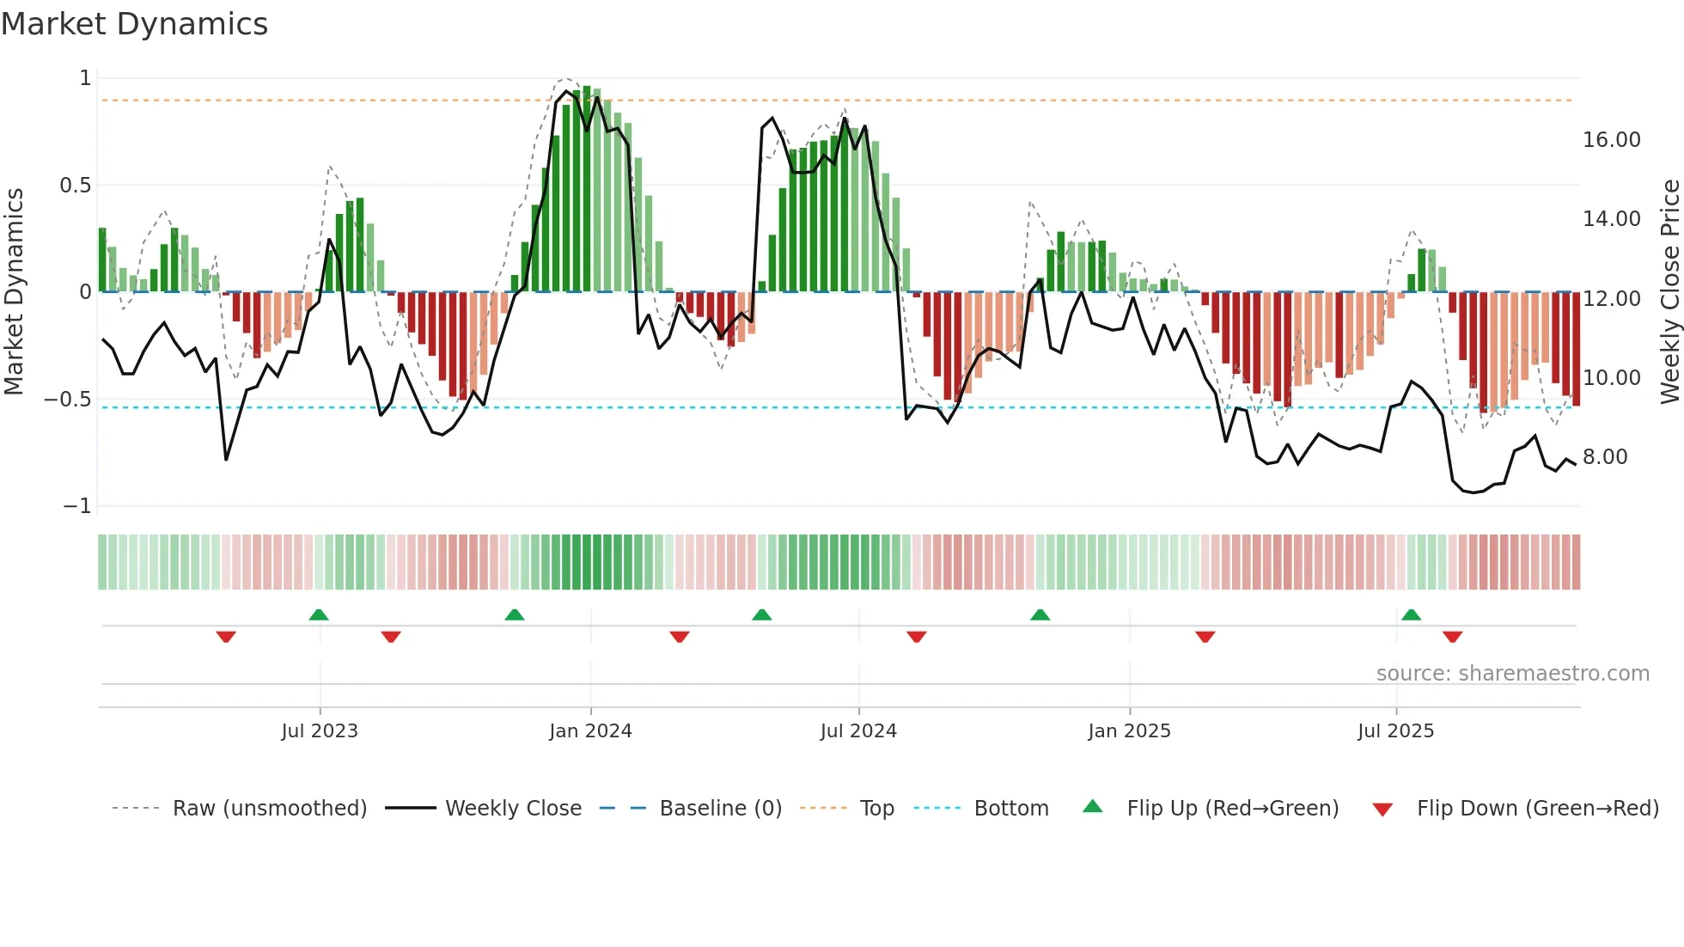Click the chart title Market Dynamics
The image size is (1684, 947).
coord(134,24)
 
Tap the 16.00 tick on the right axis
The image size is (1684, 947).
coord(1611,140)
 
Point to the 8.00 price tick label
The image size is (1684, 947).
coord(1604,457)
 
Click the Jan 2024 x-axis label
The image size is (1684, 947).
coord(590,731)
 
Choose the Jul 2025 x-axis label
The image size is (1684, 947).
coord(1395,731)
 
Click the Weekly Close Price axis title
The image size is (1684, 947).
coord(1669,291)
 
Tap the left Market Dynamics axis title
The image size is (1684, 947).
coord(14,291)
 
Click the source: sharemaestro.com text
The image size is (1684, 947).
coord(1512,674)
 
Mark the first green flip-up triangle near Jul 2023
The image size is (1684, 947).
coord(319,614)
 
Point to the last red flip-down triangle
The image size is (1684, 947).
coord(1452,637)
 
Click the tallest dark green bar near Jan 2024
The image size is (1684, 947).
coord(587,189)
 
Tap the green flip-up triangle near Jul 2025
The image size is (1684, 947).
coord(1411,614)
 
